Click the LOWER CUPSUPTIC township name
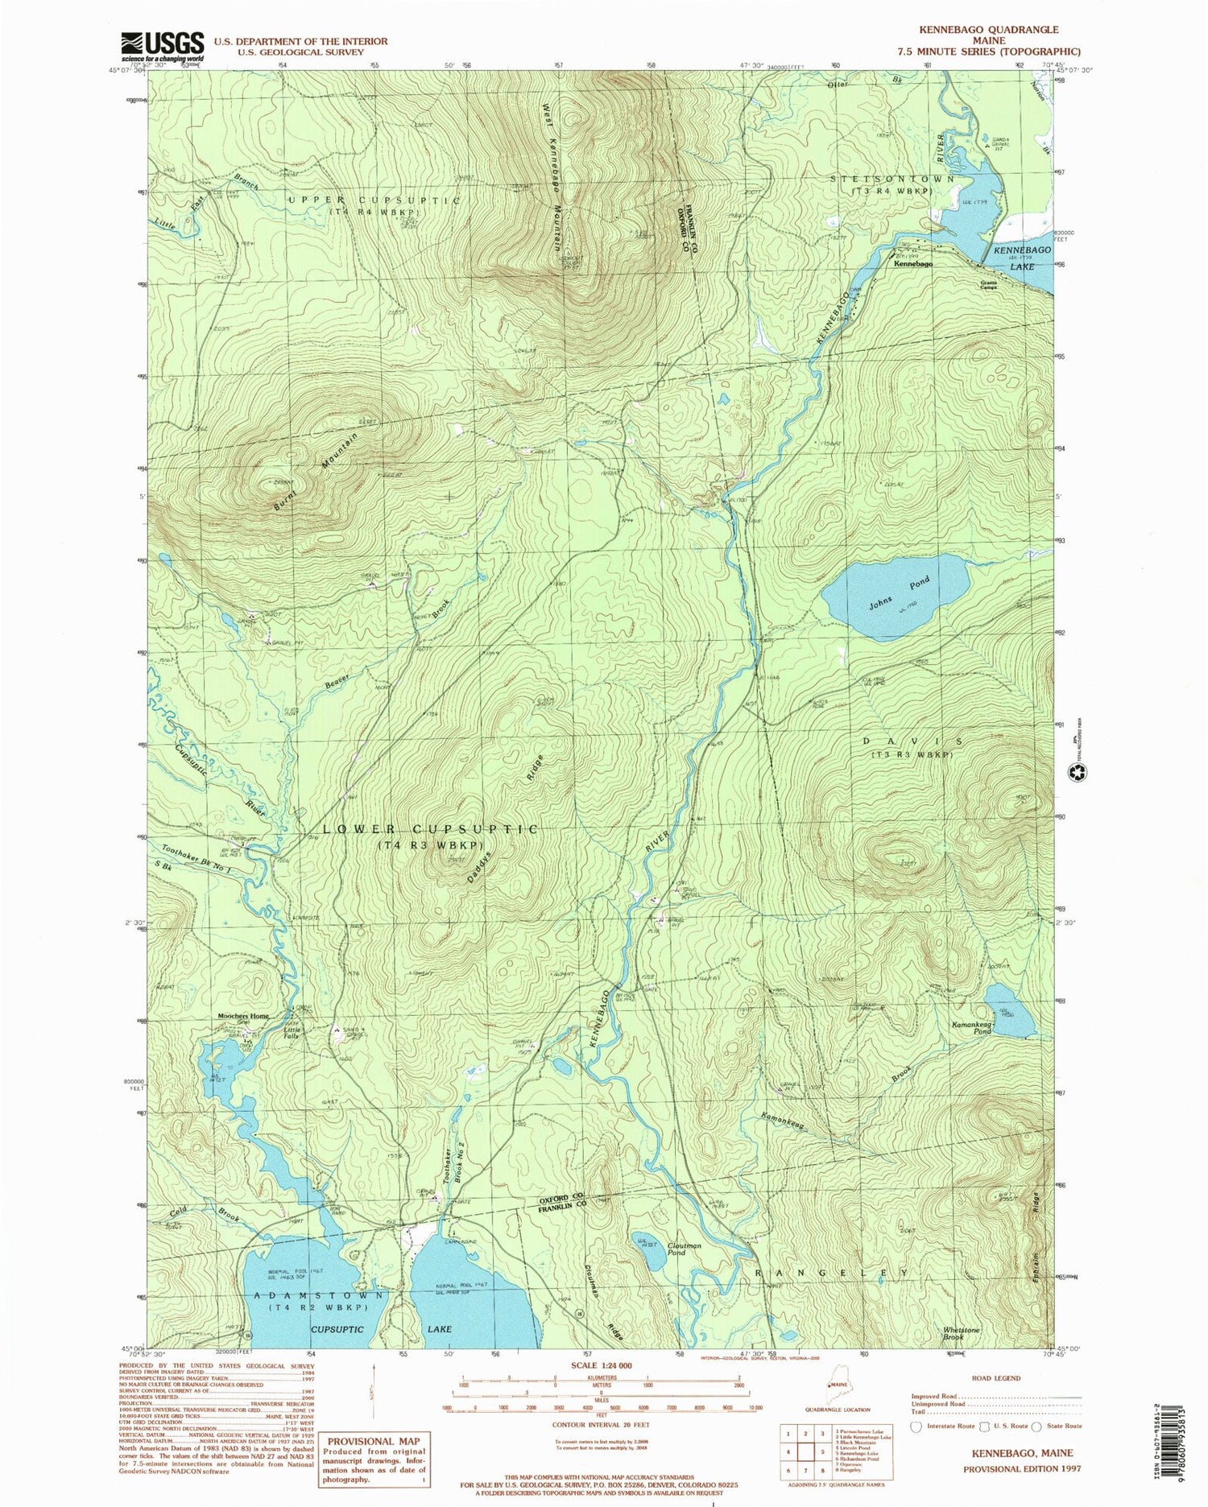(431, 829)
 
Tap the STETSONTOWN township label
(892, 180)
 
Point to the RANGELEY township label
(834, 1273)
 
